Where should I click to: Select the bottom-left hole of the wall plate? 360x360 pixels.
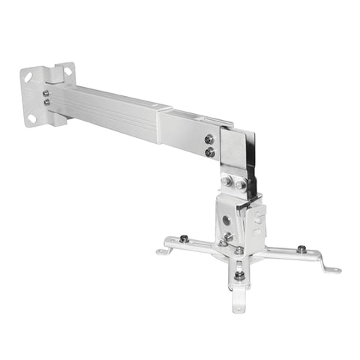click(31, 118)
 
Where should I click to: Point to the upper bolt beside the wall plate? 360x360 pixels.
click(46, 93)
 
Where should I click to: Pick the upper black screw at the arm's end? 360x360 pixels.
click(208, 139)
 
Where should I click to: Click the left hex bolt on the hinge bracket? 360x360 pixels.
click(226, 181)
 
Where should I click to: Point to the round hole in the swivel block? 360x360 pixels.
click(226, 222)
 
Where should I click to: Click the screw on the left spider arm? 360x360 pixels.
click(183, 239)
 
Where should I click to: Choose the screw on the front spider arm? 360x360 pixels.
click(238, 275)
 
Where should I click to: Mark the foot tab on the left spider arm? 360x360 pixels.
click(163, 250)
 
